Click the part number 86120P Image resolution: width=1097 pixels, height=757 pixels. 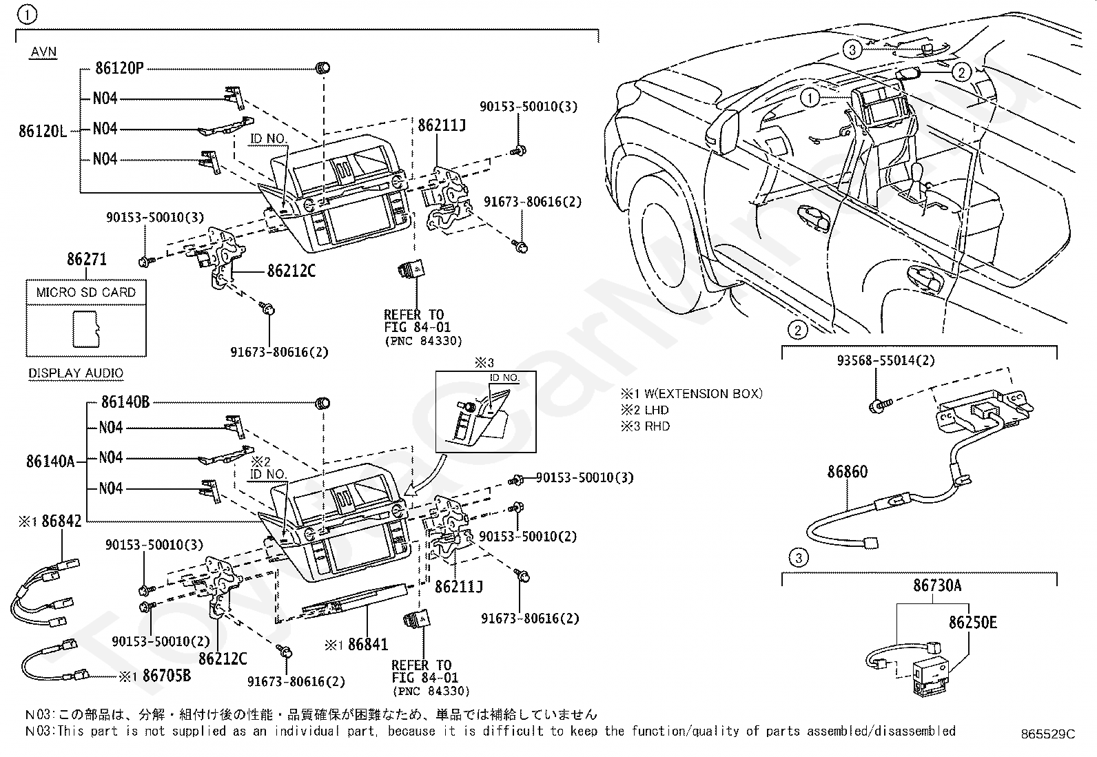pos(119,68)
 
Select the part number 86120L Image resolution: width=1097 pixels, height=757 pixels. pos(43,130)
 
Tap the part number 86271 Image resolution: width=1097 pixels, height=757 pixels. pos(86,260)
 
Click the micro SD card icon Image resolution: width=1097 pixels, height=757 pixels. pos(86,328)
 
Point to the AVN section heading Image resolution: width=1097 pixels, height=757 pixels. pos(43,52)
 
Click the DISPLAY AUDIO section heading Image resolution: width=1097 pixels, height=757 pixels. pos(76,373)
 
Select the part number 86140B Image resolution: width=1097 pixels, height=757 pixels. pos(125,402)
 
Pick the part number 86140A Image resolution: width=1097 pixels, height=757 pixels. pos(50,461)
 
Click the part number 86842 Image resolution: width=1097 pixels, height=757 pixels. pos(61,521)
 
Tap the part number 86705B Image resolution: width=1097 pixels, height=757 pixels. pos(166,676)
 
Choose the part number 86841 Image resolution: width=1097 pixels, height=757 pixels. pos(367,645)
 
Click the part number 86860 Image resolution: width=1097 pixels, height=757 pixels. pos(847,472)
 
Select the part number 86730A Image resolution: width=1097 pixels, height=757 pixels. pos(937,585)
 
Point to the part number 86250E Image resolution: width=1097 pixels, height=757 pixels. pos(972,622)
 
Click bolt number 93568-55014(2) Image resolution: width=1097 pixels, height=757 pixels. pos(876,360)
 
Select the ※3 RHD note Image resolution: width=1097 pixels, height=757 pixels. pos(645,426)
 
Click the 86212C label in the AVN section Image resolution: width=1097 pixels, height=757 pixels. pos(291,271)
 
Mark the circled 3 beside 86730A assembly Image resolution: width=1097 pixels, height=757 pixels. pos(798,558)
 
